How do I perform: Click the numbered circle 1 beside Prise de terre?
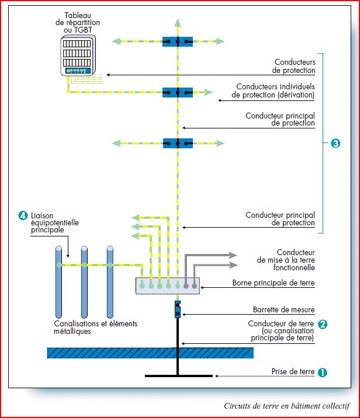click(323, 372)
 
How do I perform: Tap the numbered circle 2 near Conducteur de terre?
click(323, 324)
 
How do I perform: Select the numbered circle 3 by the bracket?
click(335, 143)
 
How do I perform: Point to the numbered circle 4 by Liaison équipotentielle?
click(23, 215)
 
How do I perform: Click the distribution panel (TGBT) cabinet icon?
click(78, 55)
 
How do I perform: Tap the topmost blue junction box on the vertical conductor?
click(178, 41)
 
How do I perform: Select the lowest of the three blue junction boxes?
click(178, 143)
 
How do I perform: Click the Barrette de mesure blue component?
click(178, 309)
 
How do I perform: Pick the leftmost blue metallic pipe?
click(58, 282)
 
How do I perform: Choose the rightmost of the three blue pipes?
click(110, 282)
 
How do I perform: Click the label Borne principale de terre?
click(274, 283)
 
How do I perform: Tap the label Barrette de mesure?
click(283, 309)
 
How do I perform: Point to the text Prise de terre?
click(293, 371)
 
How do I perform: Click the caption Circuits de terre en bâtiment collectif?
click(287, 406)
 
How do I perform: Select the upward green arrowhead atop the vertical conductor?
click(178, 23)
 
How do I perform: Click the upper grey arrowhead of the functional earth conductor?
click(233, 255)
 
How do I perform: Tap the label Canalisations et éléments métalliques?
click(95, 328)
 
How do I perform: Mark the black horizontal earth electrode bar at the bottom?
click(179, 376)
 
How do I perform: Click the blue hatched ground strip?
click(150, 353)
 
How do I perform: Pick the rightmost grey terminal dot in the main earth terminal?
click(195, 286)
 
